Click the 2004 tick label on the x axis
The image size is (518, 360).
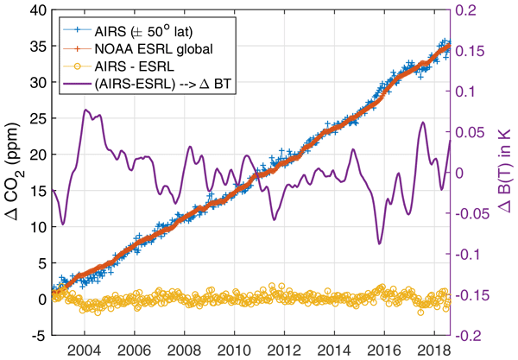(84, 351)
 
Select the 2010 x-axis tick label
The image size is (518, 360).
(232, 351)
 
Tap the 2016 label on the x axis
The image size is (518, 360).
(381, 351)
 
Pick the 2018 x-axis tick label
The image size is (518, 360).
(430, 351)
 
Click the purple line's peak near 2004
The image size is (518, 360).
(85, 110)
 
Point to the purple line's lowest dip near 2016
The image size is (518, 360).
(377, 243)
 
